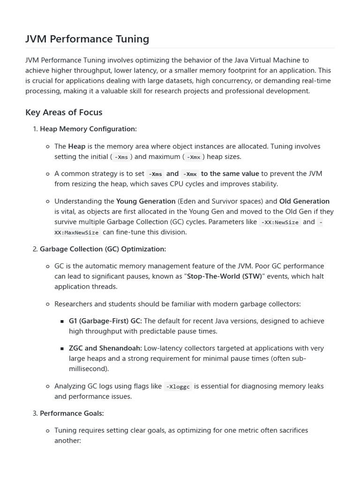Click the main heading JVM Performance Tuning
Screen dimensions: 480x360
(x=87, y=39)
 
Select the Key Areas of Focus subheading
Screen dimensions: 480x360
(x=64, y=112)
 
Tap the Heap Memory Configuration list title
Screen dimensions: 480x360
(x=88, y=129)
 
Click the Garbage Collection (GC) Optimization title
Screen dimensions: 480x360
(x=103, y=249)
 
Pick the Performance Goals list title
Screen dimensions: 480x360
(x=72, y=413)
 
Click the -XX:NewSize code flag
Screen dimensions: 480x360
(x=280, y=222)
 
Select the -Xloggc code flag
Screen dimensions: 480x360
(x=178, y=387)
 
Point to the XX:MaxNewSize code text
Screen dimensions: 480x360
(x=76, y=232)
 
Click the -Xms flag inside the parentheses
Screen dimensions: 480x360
(x=121, y=157)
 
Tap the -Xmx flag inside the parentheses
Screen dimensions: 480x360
(x=194, y=157)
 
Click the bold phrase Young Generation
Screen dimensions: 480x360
(x=146, y=202)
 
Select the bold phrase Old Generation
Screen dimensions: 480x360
(x=304, y=202)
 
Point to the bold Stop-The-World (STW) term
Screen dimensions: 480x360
(x=224, y=277)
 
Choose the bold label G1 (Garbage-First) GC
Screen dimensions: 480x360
(x=105, y=321)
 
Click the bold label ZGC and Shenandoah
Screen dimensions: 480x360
(x=105, y=348)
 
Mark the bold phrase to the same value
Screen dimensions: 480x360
(x=230, y=173)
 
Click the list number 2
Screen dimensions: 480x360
(x=35, y=249)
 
